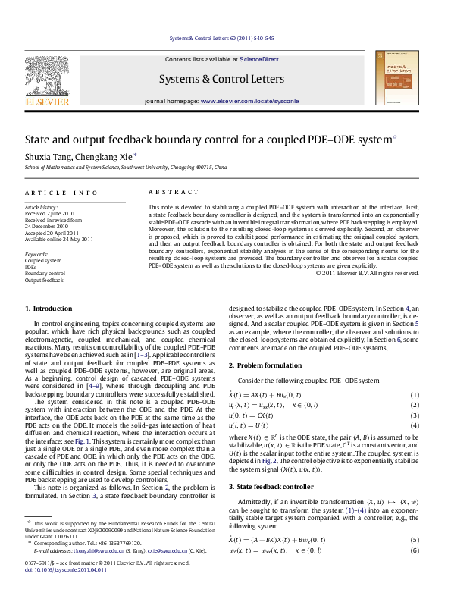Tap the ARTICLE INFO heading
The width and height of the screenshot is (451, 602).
click(x=61, y=193)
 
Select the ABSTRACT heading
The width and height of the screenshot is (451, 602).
click(x=166, y=193)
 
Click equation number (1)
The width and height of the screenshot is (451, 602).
click(x=415, y=417)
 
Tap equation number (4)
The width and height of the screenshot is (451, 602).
click(x=415, y=447)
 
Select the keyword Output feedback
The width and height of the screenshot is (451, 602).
click(x=45, y=280)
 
